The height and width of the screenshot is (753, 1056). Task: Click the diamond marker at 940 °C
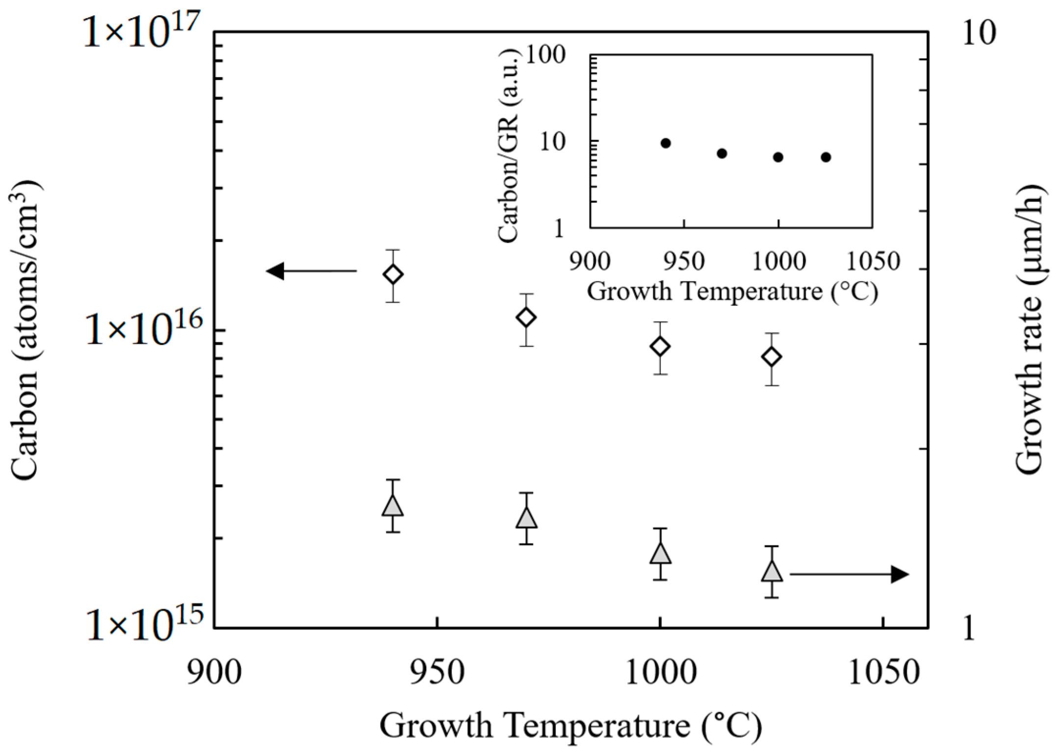pyautogui.click(x=393, y=274)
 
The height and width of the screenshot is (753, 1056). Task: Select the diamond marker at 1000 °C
pyautogui.click(x=660, y=346)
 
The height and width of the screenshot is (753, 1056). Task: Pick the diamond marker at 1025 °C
pyautogui.click(x=772, y=357)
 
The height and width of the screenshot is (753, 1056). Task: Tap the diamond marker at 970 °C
pyautogui.click(x=526, y=317)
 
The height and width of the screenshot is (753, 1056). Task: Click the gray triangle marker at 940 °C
pyautogui.click(x=393, y=506)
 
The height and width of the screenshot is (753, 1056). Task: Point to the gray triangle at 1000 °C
pyautogui.click(x=660, y=554)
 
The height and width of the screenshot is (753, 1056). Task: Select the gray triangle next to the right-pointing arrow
pyautogui.click(x=772, y=571)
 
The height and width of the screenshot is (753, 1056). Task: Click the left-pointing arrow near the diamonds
pyautogui.click(x=311, y=271)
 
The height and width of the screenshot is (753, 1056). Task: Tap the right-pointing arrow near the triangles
pyautogui.click(x=849, y=574)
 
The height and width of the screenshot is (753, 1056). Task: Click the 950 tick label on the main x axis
pyautogui.click(x=437, y=673)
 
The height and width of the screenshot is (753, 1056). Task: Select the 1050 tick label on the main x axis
pyautogui.click(x=883, y=673)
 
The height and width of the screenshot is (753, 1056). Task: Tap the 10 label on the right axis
pyautogui.click(x=979, y=33)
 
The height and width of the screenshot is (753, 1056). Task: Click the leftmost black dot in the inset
pyautogui.click(x=666, y=143)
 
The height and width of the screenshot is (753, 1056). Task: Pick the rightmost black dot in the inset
pyautogui.click(x=826, y=157)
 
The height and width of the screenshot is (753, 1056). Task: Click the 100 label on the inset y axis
pyautogui.click(x=546, y=54)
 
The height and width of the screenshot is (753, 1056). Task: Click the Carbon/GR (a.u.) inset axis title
pyautogui.click(x=508, y=146)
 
